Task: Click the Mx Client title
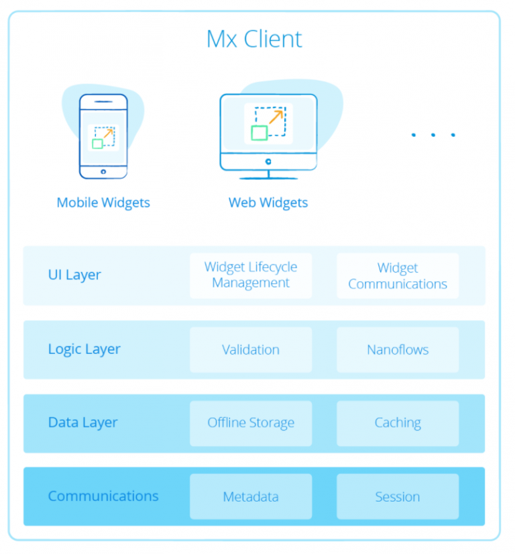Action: (254, 39)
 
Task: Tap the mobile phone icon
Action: (103, 136)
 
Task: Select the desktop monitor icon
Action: (268, 134)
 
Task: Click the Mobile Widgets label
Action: (103, 203)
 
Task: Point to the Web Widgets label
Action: (268, 203)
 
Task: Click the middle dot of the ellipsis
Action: (433, 135)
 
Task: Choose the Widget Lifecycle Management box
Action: (251, 275)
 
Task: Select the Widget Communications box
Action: (398, 275)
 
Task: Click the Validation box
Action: (251, 350)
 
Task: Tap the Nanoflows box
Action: (398, 350)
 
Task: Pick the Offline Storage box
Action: (251, 423)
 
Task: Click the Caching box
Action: (398, 423)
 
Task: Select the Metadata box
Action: (251, 497)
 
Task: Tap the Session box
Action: (398, 497)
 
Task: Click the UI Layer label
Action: (74, 275)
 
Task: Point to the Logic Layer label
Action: (84, 349)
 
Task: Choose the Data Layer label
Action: (82, 423)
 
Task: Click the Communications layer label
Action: (103, 496)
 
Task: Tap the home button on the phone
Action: (103, 172)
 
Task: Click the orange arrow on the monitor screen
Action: (276, 117)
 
